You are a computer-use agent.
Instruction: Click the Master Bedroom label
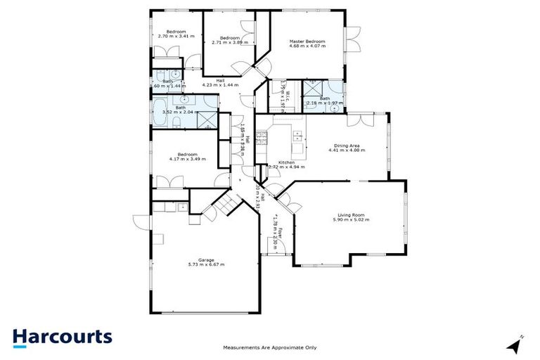pos(307,41)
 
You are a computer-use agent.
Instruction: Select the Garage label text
pos(206,259)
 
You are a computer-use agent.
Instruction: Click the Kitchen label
pos(285,162)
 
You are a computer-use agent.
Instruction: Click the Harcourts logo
pos(62,336)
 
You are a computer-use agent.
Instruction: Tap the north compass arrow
pos(515,345)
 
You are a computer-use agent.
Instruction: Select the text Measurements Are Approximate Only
pos(270,347)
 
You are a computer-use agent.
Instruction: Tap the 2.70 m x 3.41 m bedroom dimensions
pos(172,36)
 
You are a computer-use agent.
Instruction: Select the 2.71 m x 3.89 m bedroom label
pos(230,38)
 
